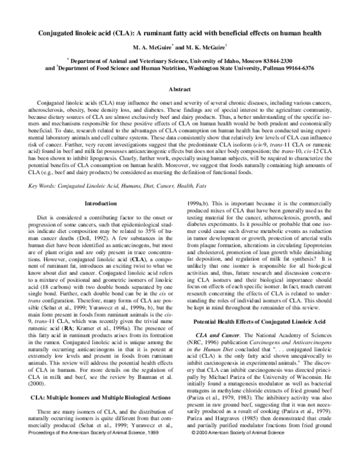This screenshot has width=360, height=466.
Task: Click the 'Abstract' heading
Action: pyautogui.click(x=180, y=89)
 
